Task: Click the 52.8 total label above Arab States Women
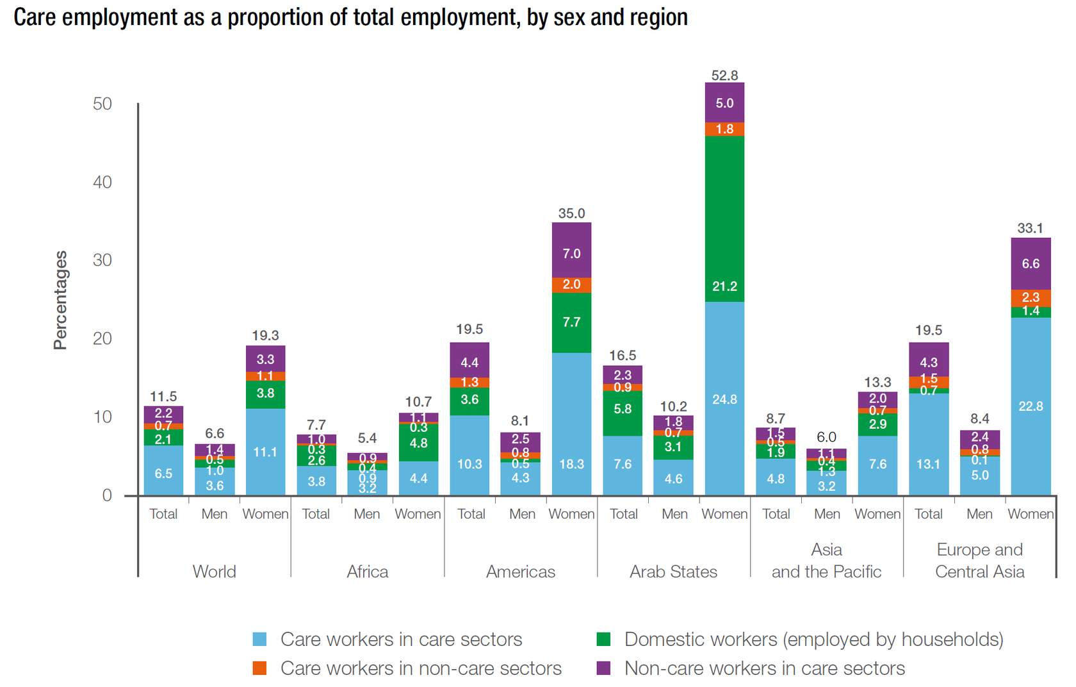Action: point(724,76)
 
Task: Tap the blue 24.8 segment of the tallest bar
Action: point(724,399)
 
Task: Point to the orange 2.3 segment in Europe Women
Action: point(1031,298)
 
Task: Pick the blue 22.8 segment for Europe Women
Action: point(1031,406)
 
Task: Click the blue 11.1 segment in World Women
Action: point(265,452)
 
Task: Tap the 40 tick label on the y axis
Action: point(102,182)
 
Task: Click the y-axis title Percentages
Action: point(60,300)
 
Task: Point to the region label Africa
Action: point(368,572)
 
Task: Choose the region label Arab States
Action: point(673,572)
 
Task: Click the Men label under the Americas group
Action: point(522,514)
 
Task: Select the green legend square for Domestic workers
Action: point(603,639)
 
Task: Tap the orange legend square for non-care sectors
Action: point(259,668)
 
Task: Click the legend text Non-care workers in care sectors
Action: point(765,668)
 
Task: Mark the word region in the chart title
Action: point(660,17)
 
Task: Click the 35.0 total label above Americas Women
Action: point(571,213)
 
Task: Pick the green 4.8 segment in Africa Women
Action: point(418,443)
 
